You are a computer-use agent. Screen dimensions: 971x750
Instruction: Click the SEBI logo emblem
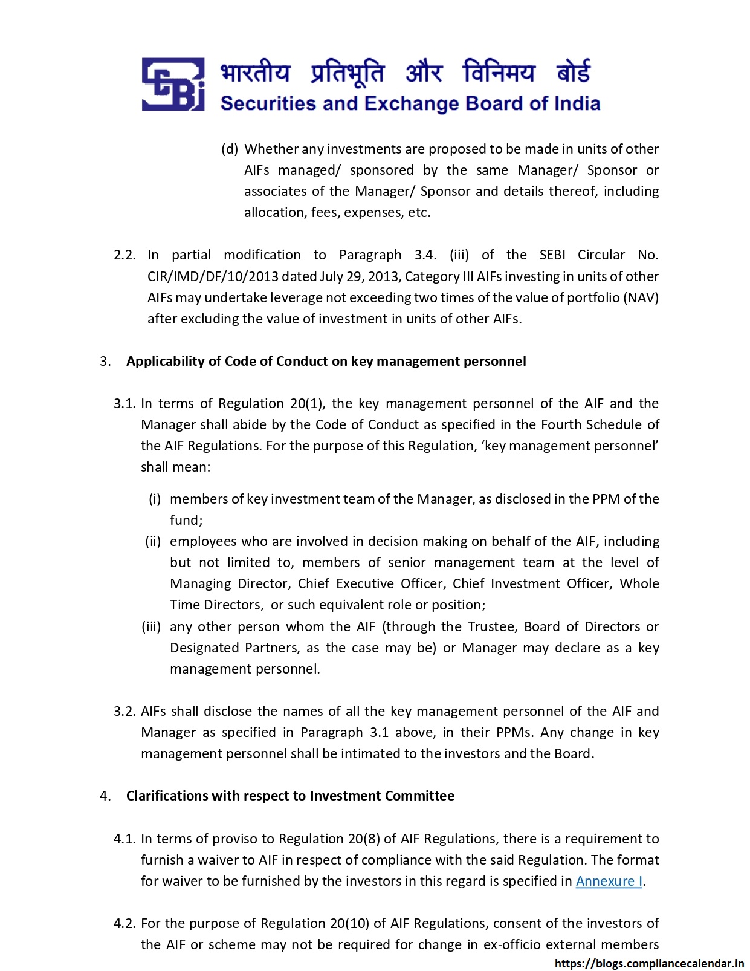pos(173,85)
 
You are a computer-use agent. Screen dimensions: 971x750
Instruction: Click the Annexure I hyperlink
pos(609,881)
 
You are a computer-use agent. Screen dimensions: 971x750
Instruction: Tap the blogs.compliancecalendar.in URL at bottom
pos(649,964)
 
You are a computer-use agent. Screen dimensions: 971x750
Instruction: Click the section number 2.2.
pos(124,255)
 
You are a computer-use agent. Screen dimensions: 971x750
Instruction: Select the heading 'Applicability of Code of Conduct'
pos(326,361)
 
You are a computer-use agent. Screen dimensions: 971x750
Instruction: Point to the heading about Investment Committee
pos(290,796)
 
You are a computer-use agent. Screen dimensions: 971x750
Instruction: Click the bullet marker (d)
pos(230,149)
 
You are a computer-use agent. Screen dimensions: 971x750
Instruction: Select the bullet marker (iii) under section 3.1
pos(151,626)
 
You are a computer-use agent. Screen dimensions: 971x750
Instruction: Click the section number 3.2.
pos(124,711)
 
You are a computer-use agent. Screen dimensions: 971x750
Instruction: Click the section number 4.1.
pos(124,839)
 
